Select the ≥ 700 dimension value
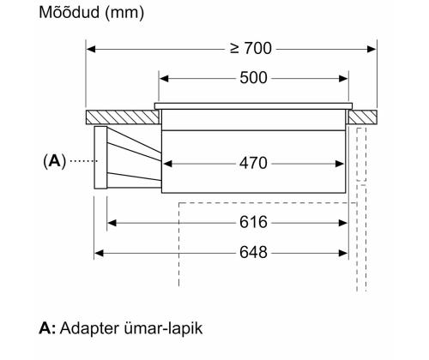pos(233,51)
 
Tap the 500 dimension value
pos(254,78)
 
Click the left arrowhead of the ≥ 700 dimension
pos(90,51)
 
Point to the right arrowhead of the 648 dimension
pos(343,254)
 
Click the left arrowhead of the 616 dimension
pos(112,223)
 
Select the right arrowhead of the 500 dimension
pos(345,78)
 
